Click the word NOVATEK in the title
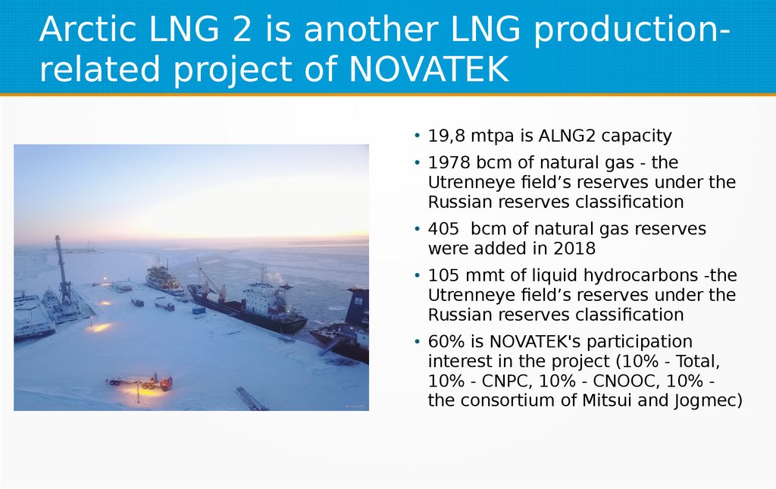[429, 69]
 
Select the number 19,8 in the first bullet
[446, 136]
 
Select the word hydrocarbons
[611, 276]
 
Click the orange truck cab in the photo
[166, 383]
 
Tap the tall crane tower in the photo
[62, 270]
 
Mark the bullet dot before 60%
[418, 342]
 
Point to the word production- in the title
[632, 30]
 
